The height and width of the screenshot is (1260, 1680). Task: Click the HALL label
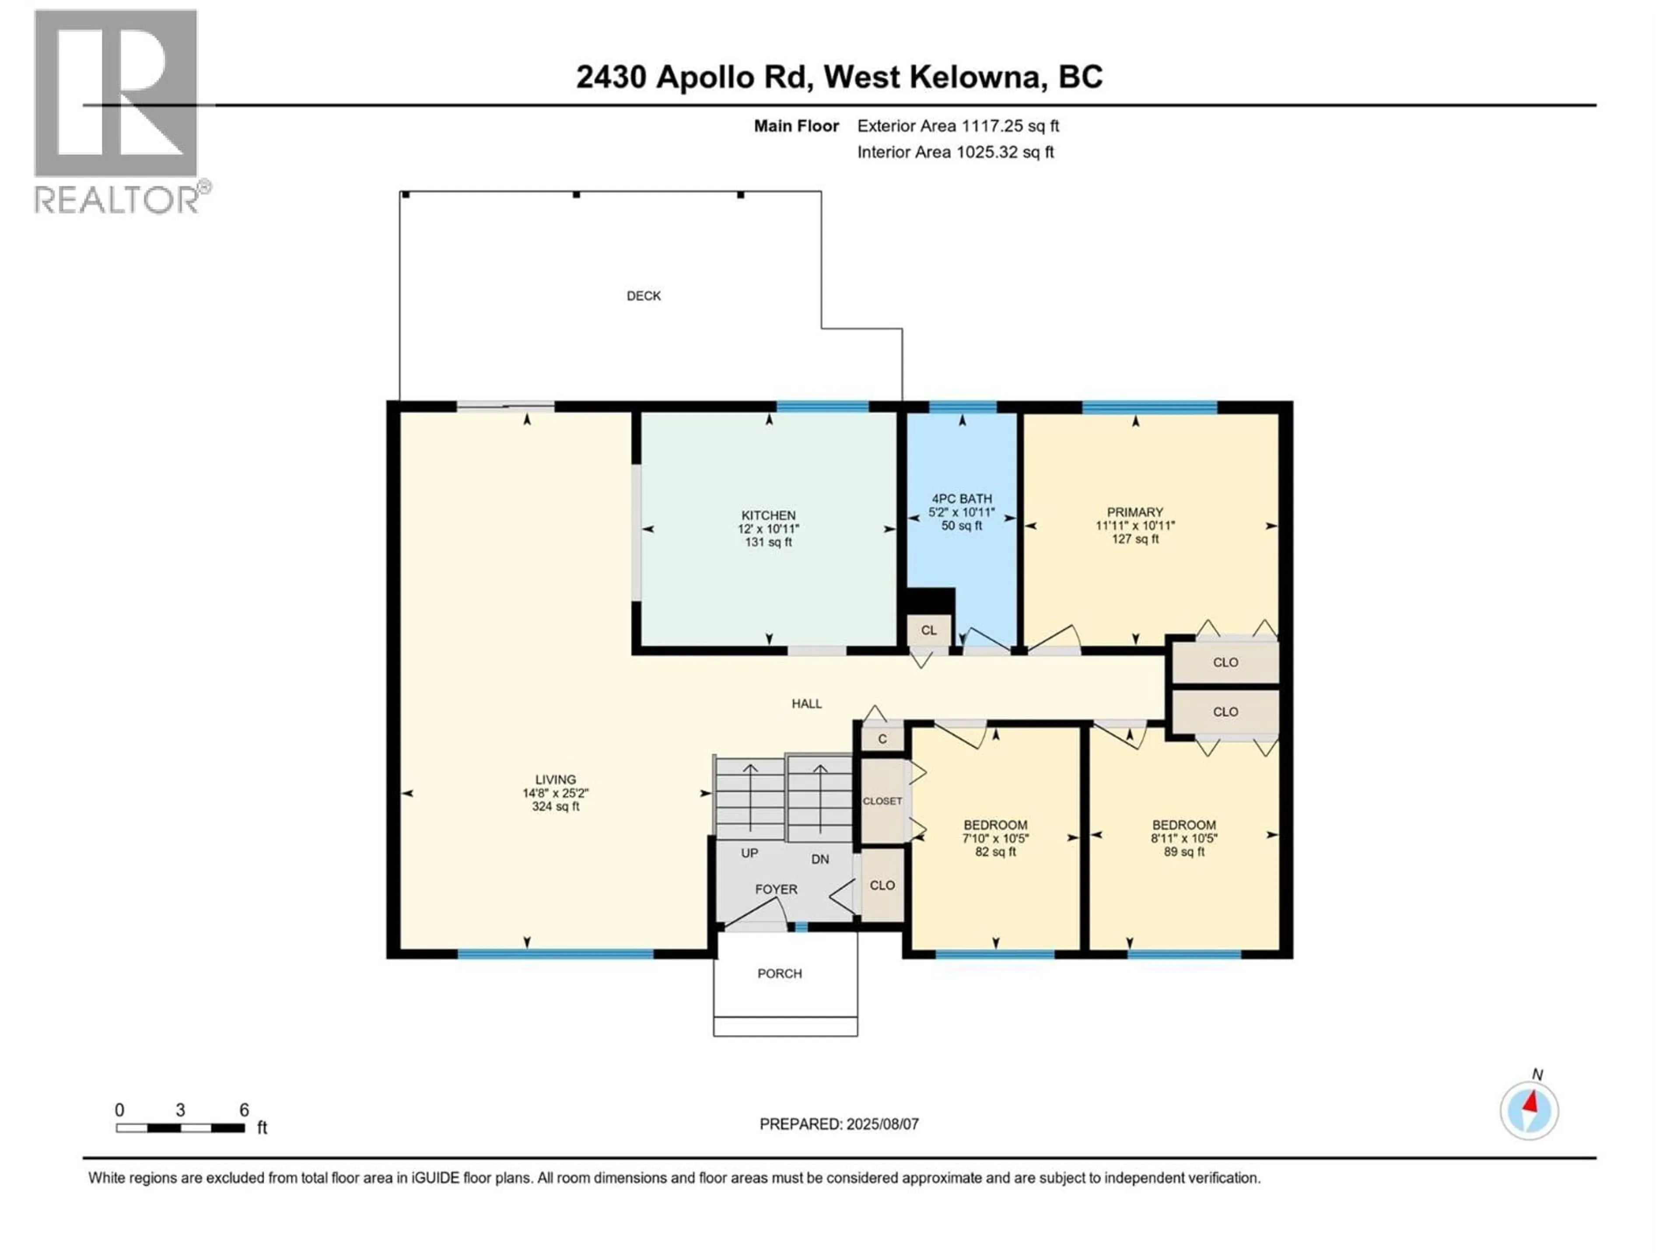click(807, 704)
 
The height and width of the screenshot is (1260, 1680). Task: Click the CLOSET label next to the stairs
click(882, 801)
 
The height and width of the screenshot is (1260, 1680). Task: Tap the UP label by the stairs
click(749, 854)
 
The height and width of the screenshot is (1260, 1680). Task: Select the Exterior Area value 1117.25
click(989, 126)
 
